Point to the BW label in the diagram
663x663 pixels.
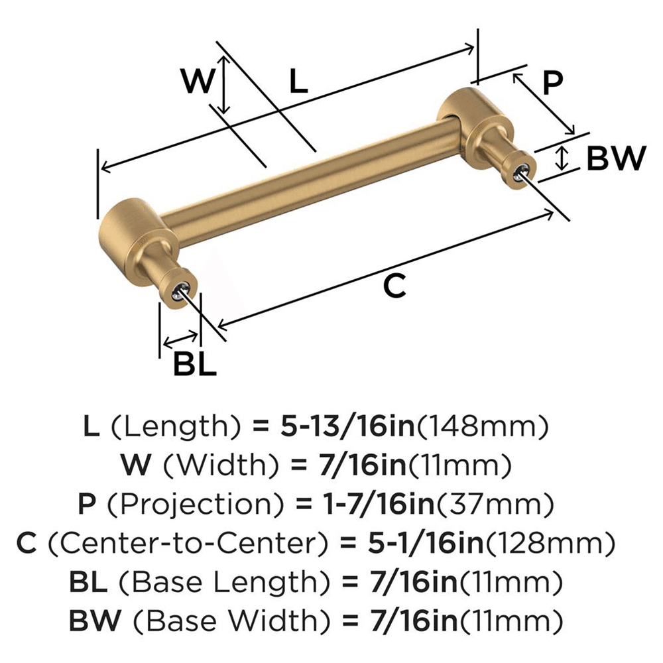[x=615, y=158]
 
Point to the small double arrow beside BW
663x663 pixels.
[x=562, y=158]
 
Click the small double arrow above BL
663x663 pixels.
[x=180, y=341]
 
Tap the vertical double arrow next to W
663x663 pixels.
[x=225, y=85]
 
